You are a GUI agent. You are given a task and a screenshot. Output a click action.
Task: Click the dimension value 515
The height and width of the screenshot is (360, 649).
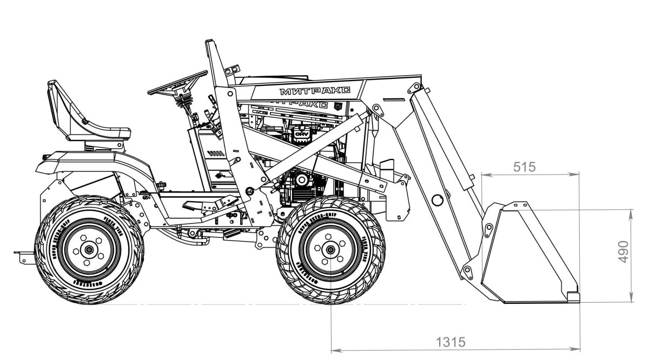[524, 167]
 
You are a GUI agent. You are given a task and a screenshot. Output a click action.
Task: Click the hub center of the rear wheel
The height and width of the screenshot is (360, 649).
[88, 250]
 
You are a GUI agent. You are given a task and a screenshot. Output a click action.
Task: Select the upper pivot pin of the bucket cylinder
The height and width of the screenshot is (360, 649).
[416, 88]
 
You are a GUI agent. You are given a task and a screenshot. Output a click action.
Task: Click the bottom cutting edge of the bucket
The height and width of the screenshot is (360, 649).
[541, 300]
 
